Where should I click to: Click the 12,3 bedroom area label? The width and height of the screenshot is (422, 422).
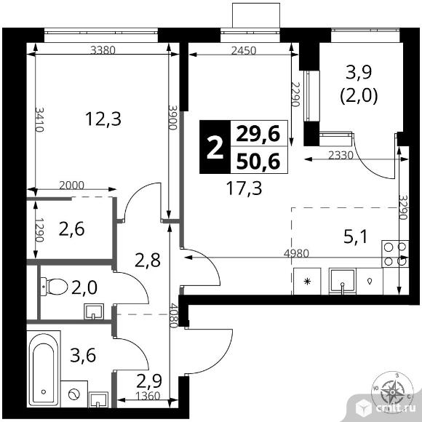point(103,119)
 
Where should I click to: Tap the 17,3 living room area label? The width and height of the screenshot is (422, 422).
point(244,188)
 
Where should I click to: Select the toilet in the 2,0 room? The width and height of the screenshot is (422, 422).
point(54,287)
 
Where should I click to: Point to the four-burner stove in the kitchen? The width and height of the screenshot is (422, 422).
point(395,254)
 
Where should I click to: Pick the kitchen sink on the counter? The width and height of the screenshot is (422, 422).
point(343,282)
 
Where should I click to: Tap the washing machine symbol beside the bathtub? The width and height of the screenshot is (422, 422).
point(74,394)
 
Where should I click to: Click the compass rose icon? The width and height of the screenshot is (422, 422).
point(392,392)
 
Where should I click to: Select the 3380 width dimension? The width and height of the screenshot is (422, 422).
point(103,50)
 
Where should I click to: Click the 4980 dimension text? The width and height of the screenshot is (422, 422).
point(296,253)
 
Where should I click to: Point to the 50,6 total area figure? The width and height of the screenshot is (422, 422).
point(258,161)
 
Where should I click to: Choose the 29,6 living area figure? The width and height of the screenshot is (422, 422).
point(258,134)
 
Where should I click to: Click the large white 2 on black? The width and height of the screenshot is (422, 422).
point(215,147)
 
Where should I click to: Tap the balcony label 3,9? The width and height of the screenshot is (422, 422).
point(359,73)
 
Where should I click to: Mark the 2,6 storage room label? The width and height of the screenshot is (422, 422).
point(71,229)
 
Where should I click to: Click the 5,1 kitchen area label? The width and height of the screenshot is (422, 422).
point(356,237)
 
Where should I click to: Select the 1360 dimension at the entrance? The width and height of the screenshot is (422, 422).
point(148,396)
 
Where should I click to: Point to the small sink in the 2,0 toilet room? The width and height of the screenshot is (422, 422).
point(94,311)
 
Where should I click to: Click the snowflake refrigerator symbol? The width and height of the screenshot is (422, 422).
point(307,282)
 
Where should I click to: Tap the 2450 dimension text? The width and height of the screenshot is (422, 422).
point(244,50)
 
